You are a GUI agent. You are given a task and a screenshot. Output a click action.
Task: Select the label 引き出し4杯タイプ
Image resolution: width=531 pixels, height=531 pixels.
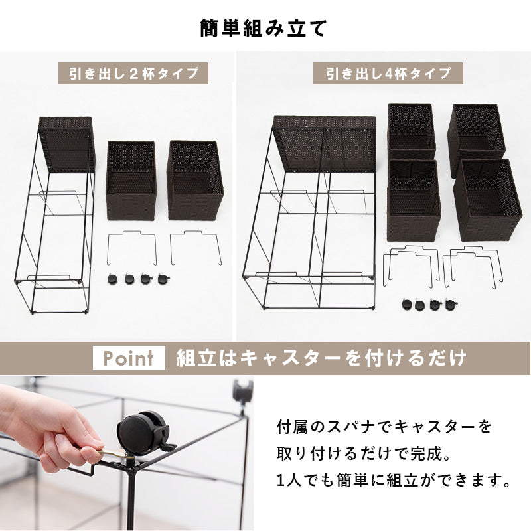388,72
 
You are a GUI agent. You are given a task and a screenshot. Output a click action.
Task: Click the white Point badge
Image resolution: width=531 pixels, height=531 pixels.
129,359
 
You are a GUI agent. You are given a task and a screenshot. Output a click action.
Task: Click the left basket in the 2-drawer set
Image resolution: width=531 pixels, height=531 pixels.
131,180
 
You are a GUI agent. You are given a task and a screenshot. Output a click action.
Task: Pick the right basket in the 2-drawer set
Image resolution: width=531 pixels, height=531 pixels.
195,180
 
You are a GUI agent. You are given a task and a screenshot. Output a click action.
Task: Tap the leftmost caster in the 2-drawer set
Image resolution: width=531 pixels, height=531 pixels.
112,280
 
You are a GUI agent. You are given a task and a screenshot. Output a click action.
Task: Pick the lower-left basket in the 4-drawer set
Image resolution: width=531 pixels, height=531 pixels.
412,200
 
